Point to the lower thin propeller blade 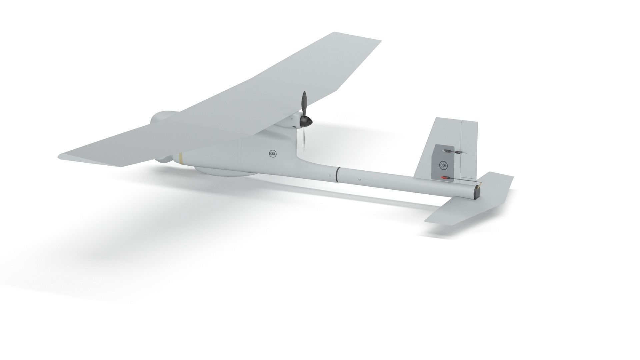pos(304,140)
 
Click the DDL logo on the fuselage pos(272,153)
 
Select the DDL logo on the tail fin pos(443,165)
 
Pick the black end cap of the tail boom pos(477,193)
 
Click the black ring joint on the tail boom pos(337,175)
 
